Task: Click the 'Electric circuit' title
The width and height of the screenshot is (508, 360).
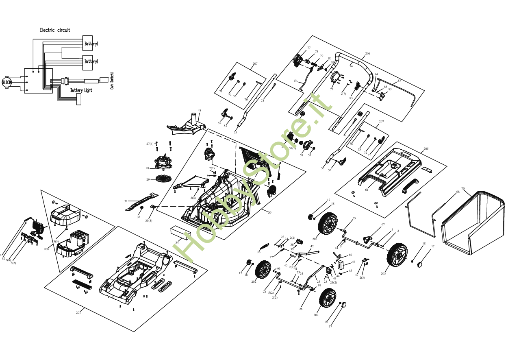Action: [54, 30]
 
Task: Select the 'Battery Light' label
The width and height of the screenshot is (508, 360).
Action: [81, 90]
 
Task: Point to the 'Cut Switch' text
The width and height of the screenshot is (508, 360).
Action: [112, 81]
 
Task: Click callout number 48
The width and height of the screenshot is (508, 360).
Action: [199, 111]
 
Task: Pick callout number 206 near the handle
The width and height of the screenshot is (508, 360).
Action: [367, 54]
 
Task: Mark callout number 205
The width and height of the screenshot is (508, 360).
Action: [426, 149]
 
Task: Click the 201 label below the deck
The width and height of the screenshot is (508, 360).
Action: [78, 312]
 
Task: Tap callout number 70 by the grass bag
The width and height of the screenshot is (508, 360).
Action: [463, 188]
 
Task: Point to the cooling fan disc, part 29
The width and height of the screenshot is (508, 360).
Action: [164, 178]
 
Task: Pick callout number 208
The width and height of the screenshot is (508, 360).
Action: [46, 249]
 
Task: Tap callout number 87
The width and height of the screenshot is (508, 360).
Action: [399, 81]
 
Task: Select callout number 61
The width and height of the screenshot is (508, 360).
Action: [367, 190]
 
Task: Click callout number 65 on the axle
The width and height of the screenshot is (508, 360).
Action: [354, 218]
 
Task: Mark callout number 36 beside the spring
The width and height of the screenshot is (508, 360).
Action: [258, 252]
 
